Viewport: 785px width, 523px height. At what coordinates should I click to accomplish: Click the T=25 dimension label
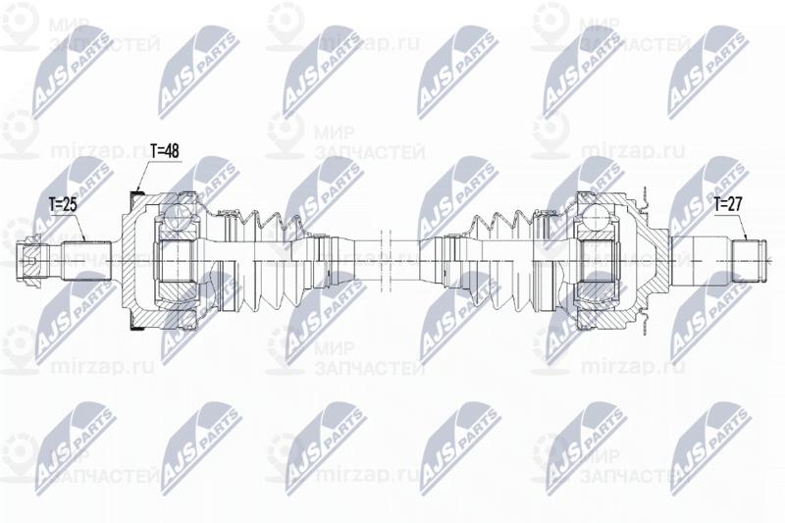(x=63, y=205)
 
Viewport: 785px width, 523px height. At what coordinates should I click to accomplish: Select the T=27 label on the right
(x=729, y=205)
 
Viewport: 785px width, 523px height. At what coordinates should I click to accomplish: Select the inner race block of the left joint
(x=178, y=259)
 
